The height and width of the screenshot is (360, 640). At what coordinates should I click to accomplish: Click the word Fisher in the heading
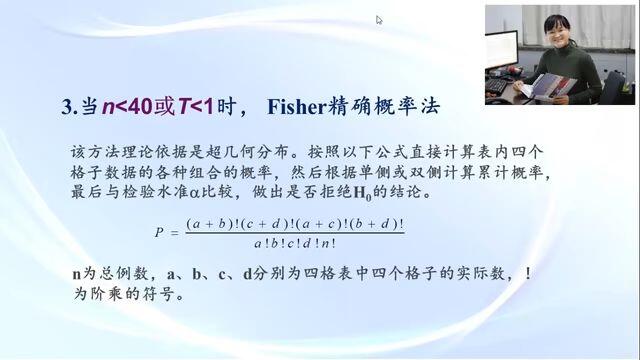coord(297,107)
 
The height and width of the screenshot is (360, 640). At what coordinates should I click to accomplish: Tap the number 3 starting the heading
coord(67,107)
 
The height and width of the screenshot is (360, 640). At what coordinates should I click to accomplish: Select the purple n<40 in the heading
coord(127,107)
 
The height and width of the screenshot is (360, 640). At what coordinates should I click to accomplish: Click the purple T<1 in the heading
coord(196,107)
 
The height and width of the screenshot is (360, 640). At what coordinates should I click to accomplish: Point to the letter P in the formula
coord(159,232)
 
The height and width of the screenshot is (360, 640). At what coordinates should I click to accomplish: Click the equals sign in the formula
coord(174,233)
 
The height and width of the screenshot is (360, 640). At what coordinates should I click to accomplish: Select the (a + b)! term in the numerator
coord(213,224)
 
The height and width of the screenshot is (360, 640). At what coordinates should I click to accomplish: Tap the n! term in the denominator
coord(329,243)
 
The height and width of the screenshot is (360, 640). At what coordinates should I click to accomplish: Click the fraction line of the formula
coord(295,233)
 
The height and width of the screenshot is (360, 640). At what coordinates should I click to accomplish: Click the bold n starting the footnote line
coord(77,274)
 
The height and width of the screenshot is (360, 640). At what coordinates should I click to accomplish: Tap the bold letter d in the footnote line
coord(248,273)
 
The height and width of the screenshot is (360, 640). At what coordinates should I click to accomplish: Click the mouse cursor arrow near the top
coord(379,20)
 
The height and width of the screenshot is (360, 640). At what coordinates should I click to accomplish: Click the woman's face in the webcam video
coord(558,31)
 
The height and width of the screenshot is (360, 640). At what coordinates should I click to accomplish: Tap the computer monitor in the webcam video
coord(501,49)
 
